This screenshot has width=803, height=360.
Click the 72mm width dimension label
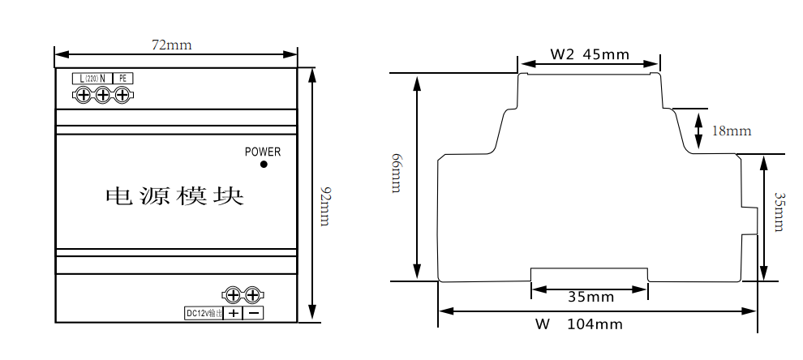172,45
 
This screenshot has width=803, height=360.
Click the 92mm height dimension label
324,206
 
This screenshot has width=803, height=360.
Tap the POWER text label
263,152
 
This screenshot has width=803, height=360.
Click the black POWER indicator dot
264,165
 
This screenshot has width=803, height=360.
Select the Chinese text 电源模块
174,196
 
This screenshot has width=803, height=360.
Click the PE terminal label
122,79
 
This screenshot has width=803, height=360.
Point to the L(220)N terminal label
90,79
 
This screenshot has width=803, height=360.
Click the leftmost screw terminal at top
83,96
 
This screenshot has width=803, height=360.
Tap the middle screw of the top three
102,96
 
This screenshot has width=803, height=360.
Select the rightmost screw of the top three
122,96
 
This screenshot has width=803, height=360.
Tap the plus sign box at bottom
234,313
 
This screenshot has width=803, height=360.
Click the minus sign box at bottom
254,313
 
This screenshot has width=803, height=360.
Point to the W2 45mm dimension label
590,55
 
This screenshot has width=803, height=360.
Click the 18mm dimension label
732,131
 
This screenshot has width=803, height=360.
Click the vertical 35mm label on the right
779,212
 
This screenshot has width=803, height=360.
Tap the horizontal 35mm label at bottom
590,298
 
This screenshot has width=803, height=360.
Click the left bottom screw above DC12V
233,295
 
